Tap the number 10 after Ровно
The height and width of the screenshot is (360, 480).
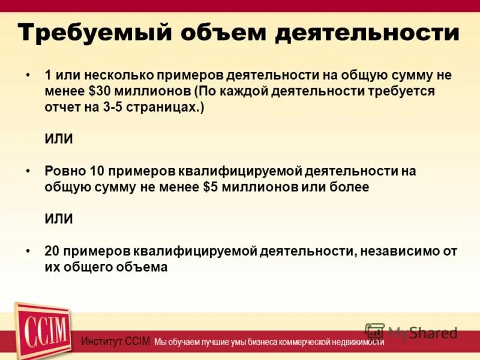point(97,171)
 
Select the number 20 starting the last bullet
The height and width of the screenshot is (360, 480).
point(53,251)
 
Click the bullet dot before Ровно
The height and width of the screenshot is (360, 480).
point(28,172)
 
